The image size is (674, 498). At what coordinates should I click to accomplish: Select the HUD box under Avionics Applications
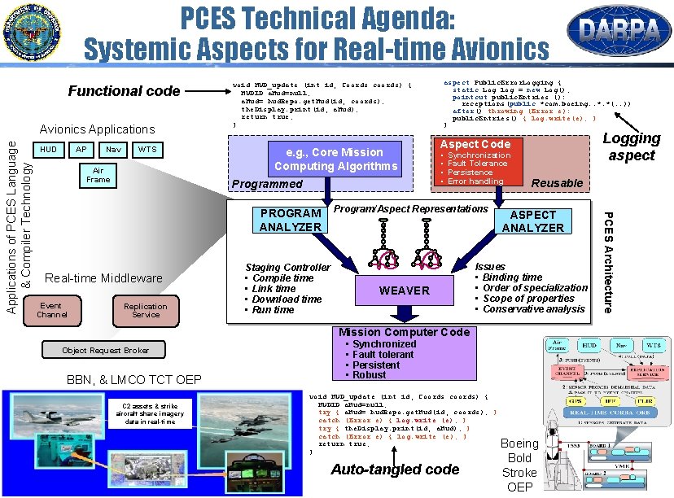(x=50, y=150)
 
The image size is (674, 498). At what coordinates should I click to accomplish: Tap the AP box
(x=81, y=150)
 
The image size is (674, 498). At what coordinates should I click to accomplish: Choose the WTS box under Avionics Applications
(x=147, y=150)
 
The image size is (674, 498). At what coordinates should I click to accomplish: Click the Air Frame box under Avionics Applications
(x=98, y=175)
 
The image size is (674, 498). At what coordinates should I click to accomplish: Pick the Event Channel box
(x=52, y=310)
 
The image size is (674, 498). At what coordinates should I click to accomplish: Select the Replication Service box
(x=146, y=310)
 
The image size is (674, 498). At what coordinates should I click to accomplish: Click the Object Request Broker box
(x=106, y=351)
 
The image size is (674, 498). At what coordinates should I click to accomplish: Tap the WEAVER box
(x=405, y=290)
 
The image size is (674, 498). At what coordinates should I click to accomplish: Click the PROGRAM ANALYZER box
(x=290, y=221)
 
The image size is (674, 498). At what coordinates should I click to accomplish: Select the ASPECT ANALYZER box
(x=532, y=221)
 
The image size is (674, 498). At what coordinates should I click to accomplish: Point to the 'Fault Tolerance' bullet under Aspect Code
(x=477, y=164)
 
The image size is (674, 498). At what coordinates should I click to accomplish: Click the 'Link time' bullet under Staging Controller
(x=274, y=289)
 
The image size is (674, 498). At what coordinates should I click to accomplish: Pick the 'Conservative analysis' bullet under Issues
(x=534, y=309)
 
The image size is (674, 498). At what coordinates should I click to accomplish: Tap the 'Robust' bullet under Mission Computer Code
(x=370, y=375)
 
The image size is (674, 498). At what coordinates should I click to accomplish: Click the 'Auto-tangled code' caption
(x=395, y=469)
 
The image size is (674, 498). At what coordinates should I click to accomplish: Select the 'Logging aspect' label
(x=631, y=146)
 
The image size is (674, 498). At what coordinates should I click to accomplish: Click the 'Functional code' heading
(x=124, y=91)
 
